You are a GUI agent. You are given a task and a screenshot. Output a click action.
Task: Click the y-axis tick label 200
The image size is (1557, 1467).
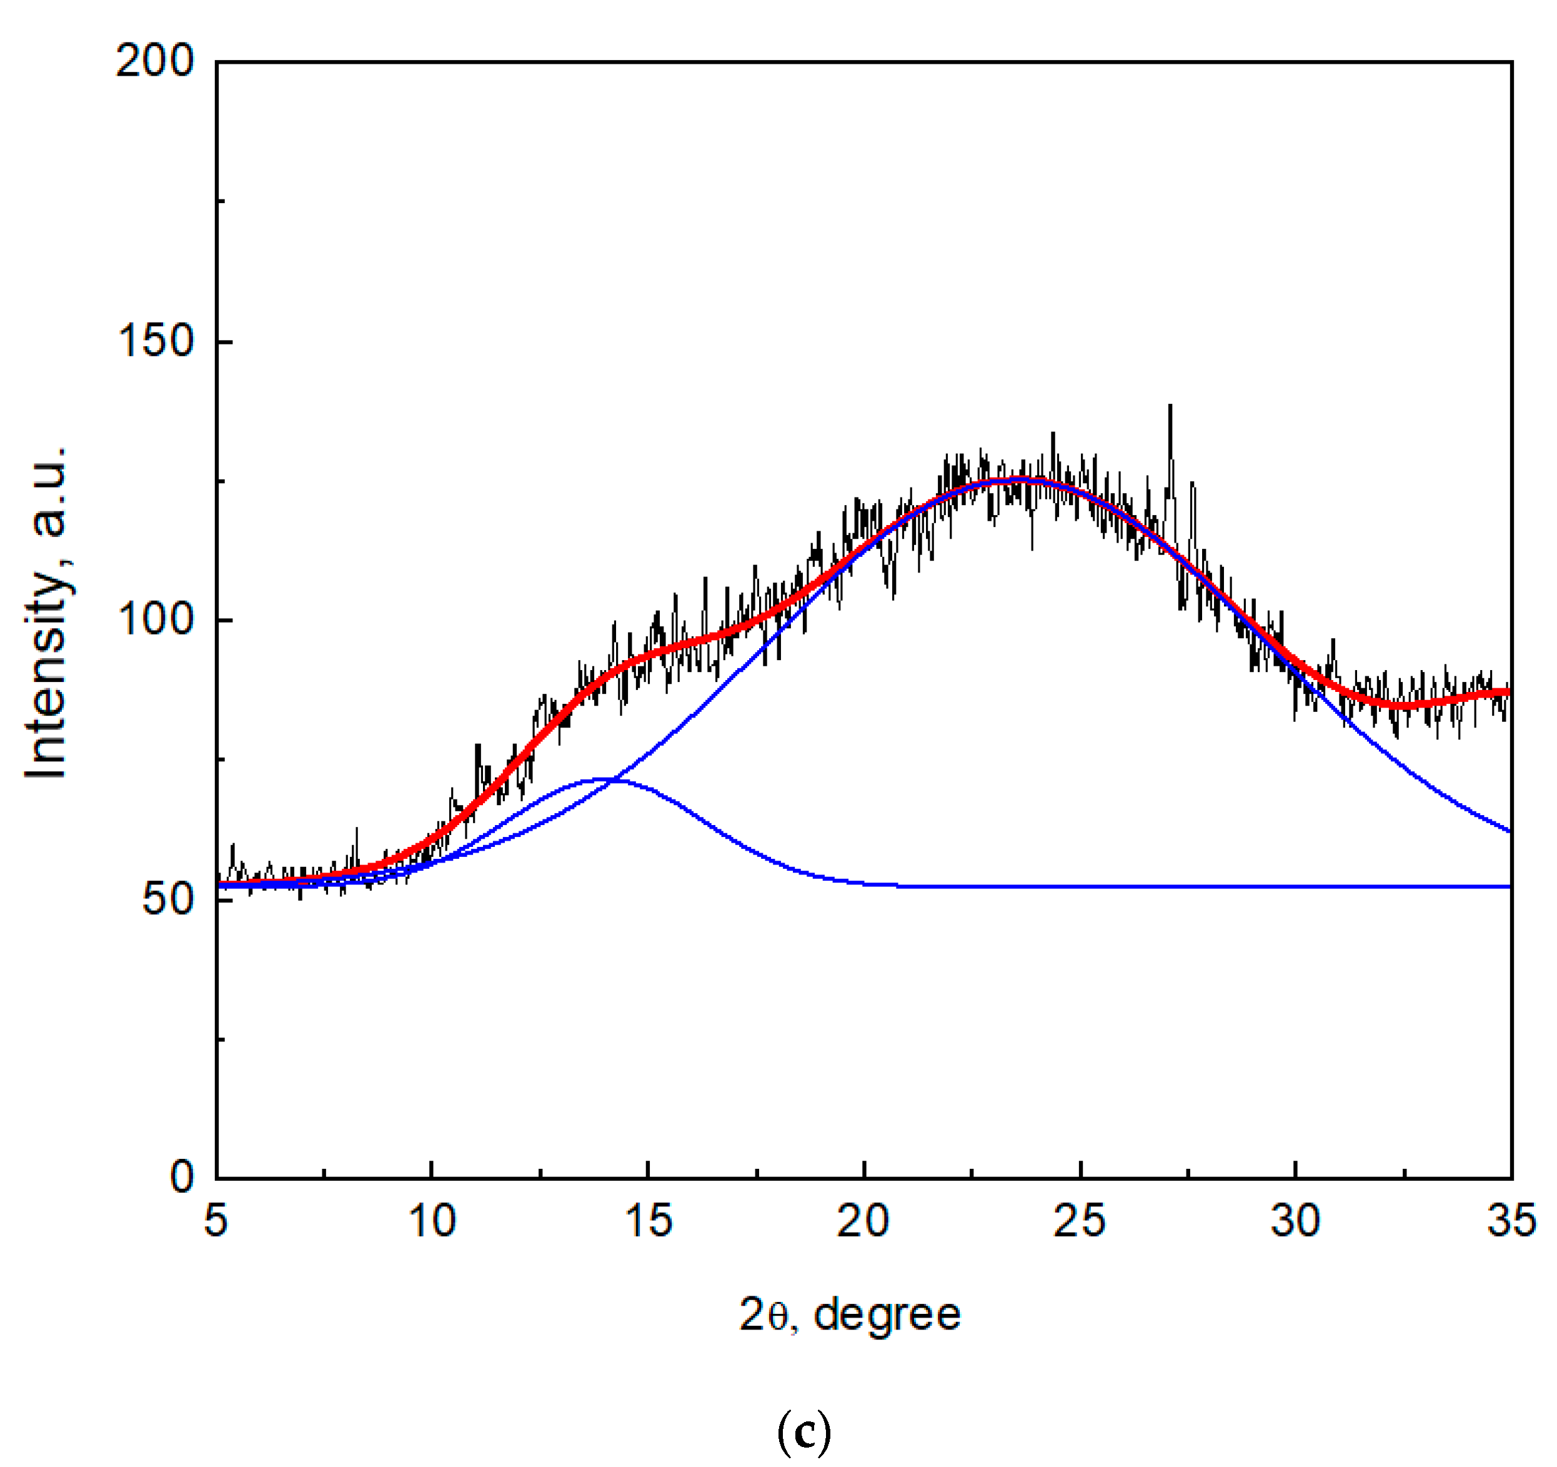154,61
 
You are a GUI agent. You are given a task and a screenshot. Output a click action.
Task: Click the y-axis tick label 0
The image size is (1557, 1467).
182,1177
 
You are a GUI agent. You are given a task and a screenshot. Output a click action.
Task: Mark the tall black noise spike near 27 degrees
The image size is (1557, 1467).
1170,407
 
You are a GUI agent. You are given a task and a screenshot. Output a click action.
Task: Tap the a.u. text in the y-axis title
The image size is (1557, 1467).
47,492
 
